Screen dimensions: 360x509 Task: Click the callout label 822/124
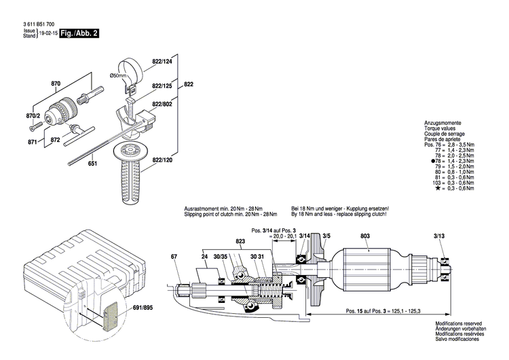(x=163, y=62)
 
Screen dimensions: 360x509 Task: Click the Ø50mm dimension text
(x=119, y=75)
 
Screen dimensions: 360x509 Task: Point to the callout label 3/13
(x=440, y=235)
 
